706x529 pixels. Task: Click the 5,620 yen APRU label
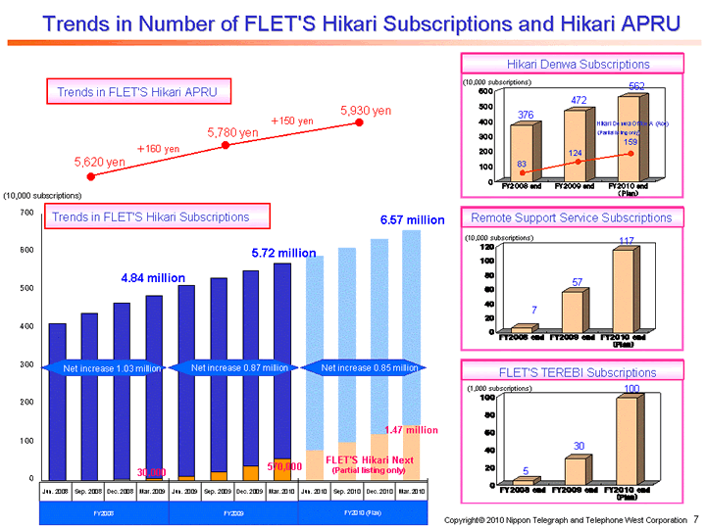99,161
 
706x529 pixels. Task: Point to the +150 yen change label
292,120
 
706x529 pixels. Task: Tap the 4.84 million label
152,278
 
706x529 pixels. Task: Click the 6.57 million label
412,219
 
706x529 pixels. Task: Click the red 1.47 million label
410,429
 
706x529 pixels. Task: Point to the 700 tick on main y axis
25,213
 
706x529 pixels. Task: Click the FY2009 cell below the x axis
232,512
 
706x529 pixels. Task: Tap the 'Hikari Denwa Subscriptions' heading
571,64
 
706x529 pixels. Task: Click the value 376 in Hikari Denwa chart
526,115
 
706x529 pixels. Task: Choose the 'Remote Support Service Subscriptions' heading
571,217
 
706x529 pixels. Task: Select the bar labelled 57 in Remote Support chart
575,310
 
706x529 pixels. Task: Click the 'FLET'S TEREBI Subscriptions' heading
571,372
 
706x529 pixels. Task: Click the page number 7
695,516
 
